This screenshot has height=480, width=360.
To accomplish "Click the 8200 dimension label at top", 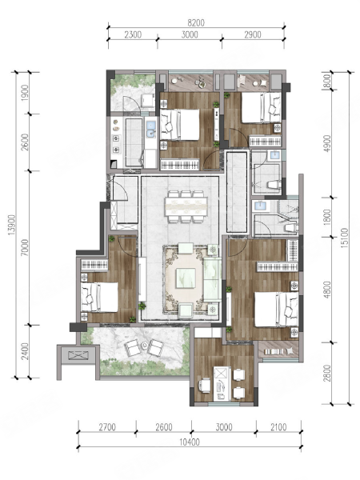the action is (x=196, y=23).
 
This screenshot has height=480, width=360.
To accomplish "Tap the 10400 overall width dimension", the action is (x=190, y=442).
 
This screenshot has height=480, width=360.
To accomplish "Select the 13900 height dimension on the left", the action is (x=12, y=225).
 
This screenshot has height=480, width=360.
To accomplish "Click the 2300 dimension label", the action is (x=133, y=34).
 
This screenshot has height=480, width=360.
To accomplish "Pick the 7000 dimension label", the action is (x=25, y=248).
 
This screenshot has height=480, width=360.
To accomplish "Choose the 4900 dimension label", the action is (x=327, y=143).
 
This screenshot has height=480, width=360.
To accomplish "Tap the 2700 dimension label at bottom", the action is (x=107, y=427).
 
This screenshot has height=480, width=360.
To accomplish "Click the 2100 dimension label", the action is (x=278, y=427).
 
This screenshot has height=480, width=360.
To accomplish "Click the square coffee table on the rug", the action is (x=186, y=278).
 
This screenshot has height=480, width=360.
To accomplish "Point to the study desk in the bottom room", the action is (x=222, y=383).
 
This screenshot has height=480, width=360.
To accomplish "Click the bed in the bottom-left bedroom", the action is (x=99, y=298).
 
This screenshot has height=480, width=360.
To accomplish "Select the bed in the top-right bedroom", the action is (x=261, y=108).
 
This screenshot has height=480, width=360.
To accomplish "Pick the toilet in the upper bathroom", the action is (x=274, y=185).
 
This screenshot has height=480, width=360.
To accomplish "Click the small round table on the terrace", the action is (x=145, y=346).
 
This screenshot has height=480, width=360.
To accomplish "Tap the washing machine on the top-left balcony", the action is (x=147, y=100).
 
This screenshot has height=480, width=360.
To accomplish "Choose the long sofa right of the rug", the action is (x=212, y=279).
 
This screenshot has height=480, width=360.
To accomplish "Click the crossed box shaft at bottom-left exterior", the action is (x=78, y=355).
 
